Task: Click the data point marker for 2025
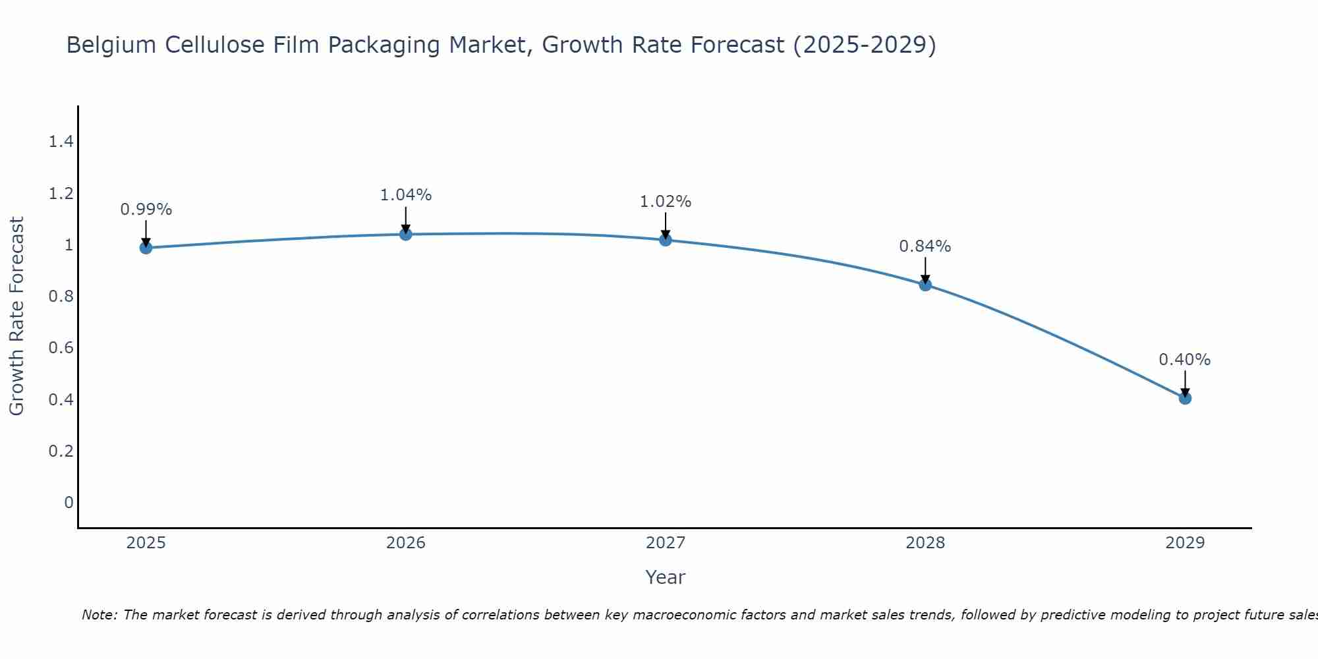(x=146, y=248)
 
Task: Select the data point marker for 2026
(x=405, y=234)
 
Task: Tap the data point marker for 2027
(x=665, y=240)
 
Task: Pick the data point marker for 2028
(x=925, y=285)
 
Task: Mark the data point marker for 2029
(x=1184, y=398)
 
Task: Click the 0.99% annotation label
(x=146, y=210)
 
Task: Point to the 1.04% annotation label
(x=405, y=195)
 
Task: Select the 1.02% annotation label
(x=665, y=202)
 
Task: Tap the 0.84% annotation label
(x=925, y=246)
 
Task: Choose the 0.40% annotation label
(x=1184, y=360)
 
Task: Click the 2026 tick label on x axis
(x=405, y=543)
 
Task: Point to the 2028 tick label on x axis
(x=925, y=543)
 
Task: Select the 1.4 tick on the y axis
(x=61, y=142)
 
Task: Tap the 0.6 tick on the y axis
(x=61, y=348)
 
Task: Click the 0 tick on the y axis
(x=69, y=503)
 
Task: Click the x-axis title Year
(x=665, y=577)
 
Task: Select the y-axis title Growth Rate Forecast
(x=16, y=316)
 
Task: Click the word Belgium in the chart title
(x=111, y=45)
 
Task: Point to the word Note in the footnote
(x=99, y=615)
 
